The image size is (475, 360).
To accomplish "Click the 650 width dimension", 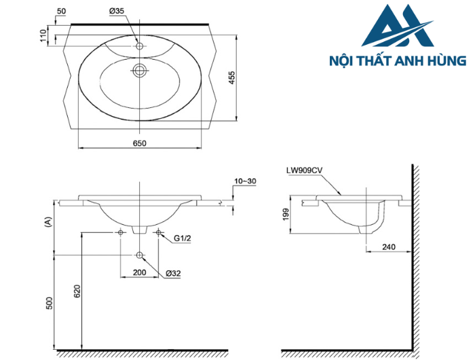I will pos(139,143).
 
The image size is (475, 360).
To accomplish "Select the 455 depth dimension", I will pos(232,79).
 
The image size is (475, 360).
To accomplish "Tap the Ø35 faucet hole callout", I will pos(117,12).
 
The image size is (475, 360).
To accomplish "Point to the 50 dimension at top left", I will pos(62,12).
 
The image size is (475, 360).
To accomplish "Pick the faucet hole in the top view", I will pos(140,46).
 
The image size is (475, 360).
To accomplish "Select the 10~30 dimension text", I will pos(245,181).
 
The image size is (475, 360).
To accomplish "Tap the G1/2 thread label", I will pos(183,238).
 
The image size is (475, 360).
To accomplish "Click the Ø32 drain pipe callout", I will pos(172,273).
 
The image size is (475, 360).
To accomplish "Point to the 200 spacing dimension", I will pos(140,273).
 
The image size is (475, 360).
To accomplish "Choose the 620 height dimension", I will pos(77,291).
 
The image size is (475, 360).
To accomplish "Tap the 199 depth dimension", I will pos(286,215).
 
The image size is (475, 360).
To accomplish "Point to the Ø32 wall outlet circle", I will pos(140,255).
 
